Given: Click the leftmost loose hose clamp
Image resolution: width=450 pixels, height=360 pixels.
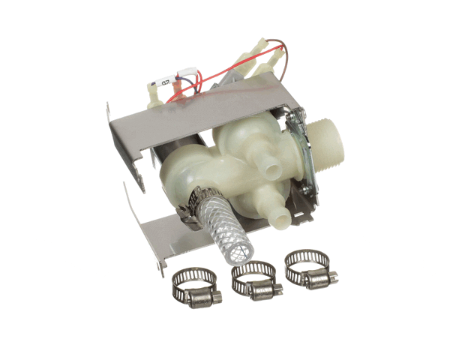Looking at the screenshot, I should click(193, 284).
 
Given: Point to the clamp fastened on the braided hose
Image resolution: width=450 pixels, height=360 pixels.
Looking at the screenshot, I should click(200, 199).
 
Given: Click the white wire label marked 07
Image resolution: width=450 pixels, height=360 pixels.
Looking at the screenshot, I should click(166, 80).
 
